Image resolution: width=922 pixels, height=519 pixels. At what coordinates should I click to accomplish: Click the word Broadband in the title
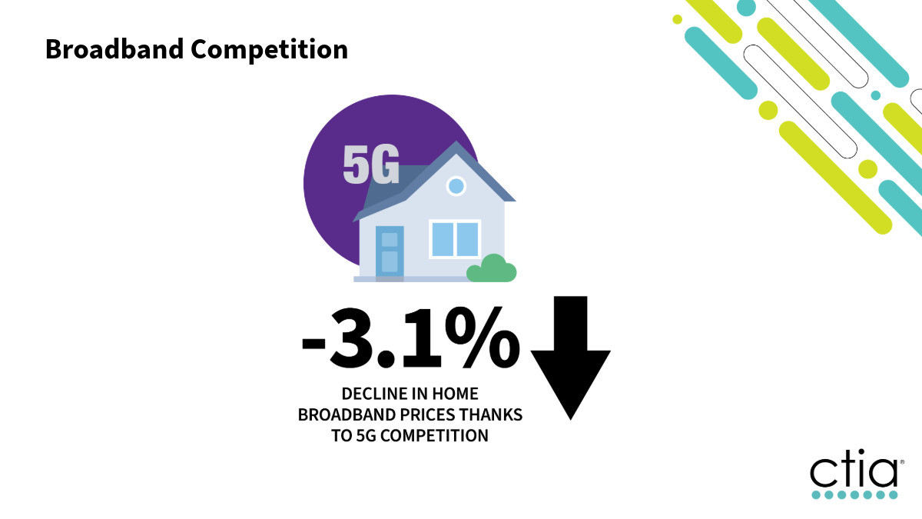pos(114,49)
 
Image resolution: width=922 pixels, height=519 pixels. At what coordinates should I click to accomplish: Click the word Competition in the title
pos(270,51)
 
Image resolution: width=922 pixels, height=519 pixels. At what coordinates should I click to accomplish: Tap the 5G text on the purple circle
pos(371,164)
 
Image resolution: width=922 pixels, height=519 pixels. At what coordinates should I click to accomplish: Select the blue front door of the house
pos(390,251)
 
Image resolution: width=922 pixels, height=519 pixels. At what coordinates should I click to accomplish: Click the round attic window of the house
pos(456,186)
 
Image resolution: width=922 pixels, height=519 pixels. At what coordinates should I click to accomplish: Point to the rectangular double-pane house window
pos(455,239)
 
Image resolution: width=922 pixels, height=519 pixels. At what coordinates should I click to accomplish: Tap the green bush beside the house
pos(492,268)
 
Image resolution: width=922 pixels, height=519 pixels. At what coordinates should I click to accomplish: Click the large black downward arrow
pos(570,358)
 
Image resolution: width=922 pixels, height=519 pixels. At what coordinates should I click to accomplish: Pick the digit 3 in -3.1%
pos(350,338)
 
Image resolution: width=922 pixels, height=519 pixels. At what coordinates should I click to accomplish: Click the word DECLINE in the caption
pos(373,394)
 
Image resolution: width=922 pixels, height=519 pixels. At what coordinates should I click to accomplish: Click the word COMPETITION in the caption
pos(434,436)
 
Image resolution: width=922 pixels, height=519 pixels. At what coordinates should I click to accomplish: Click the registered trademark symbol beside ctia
pos(902,462)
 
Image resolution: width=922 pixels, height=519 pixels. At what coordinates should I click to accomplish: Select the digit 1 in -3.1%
pos(422,338)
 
